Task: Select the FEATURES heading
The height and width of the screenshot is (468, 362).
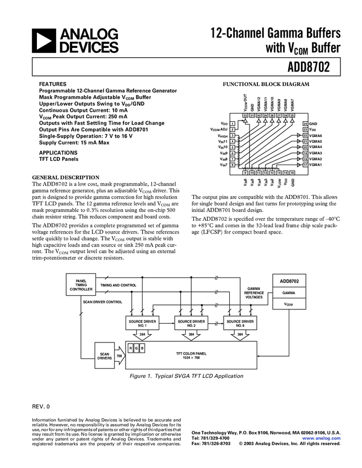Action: [x=52, y=84]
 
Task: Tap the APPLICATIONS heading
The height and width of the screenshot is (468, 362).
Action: [x=58, y=153]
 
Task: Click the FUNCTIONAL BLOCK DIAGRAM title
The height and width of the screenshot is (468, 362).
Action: [x=266, y=84]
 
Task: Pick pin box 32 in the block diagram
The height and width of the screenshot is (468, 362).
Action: [x=245, y=116]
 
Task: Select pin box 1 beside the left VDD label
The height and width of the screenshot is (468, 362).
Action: [x=233, y=123]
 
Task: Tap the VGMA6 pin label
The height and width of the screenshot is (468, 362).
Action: [x=316, y=135]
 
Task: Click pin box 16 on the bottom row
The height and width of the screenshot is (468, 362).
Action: [x=293, y=172]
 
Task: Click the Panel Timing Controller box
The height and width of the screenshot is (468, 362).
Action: [x=82, y=285]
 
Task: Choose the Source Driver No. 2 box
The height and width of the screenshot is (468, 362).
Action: [x=191, y=323]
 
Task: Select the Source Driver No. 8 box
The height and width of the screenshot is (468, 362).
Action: [x=240, y=323]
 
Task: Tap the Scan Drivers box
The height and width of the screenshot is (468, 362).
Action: [x=105, y=356]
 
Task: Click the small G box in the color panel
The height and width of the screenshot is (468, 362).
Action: [x=137, y=348]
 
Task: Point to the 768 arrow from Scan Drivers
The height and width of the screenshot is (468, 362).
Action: [x=119, y=356]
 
